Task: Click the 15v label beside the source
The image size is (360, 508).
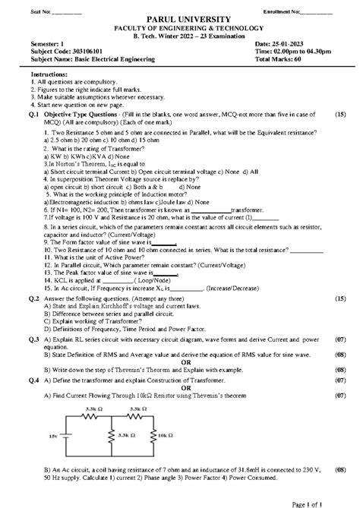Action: pyautogui.click(x=52, y=436)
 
